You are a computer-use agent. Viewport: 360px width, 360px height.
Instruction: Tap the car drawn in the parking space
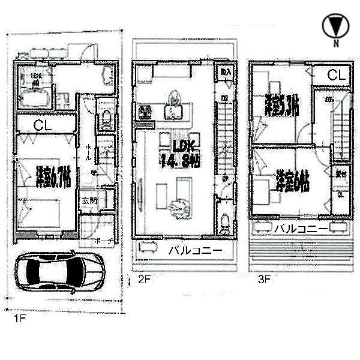click(x=58, y=274)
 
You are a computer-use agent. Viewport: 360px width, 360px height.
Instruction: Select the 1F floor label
click(x=19, y=320)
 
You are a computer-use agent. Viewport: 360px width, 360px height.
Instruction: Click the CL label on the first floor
click(x=41, y=125)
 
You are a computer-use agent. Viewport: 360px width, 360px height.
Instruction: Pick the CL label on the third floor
click(x=336, y=76)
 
